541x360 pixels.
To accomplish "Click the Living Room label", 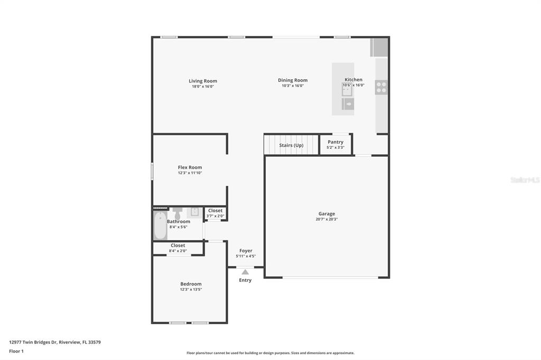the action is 203,81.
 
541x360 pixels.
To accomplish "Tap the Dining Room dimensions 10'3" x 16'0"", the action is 293,86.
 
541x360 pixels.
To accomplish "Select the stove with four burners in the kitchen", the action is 381,87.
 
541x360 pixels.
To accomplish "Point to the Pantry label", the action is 335,141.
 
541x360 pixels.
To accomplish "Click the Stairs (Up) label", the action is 291,145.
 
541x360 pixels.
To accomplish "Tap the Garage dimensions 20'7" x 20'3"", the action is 327,219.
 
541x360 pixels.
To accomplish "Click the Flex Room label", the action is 190,167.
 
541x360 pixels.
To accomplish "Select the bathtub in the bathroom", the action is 161,225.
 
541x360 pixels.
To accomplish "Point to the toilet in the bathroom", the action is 178,213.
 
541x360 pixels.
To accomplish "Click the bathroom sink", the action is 194,212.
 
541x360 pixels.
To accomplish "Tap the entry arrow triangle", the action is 245,272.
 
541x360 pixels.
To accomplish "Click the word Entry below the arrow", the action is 245,280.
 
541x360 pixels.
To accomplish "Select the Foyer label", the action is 246,251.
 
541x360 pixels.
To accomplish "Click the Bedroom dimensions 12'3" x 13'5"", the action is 191,290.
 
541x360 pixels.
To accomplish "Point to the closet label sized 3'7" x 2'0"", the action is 216,210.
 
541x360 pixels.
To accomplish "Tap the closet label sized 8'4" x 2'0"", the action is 178,245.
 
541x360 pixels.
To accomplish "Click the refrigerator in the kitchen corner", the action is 379,47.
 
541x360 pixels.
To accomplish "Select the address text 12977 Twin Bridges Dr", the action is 33,343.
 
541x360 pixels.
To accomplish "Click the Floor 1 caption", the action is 16,352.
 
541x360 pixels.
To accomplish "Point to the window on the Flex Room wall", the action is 152,172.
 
